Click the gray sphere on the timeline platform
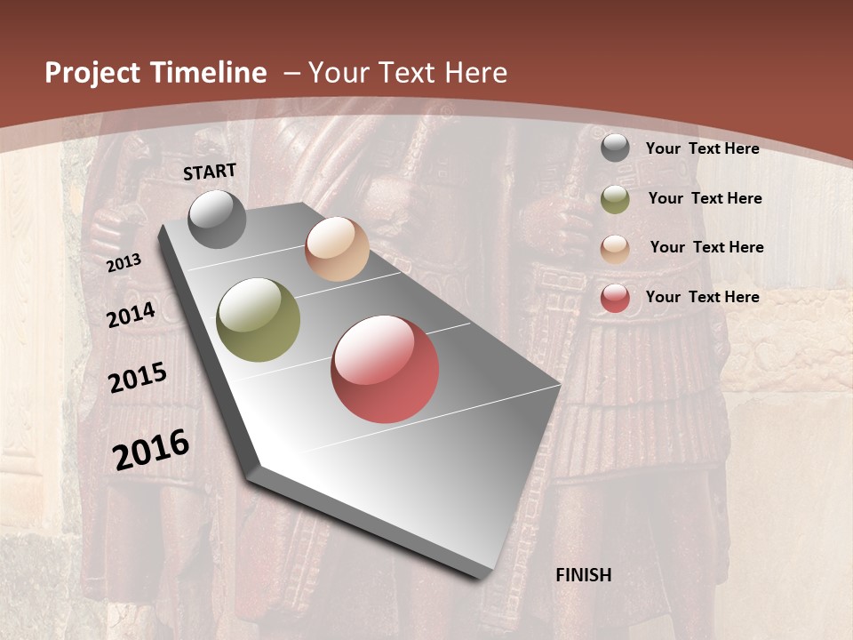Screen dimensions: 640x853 coord(217,220)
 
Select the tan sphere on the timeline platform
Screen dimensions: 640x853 coord(337,249)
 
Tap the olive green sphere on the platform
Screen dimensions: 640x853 coord(259,320)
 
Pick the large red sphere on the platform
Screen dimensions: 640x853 coord(385,369)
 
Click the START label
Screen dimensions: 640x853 coord(210,172)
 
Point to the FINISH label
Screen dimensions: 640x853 coord(584,575)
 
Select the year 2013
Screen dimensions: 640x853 coord(124,263)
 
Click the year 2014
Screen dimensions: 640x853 coord(131,315)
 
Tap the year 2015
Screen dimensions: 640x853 coord(138,378)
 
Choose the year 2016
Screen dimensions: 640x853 coord(151,450)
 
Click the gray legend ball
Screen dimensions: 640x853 coord(615,148)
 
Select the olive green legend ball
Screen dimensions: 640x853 coord(615,199)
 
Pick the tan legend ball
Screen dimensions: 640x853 coord(615,249)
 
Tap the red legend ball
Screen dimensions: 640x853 coord(615,299)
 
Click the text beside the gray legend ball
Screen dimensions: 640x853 coord(702,148)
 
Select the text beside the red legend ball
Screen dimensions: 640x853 coord(702,297)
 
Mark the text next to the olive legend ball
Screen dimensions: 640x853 coord(705,198)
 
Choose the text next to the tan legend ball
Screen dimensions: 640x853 coord(706,247)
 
